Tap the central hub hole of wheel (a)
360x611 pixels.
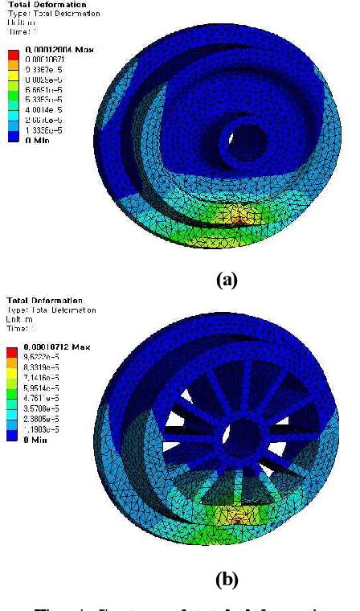coord(240,131)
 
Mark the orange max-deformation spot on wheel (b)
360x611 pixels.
coord(239,518)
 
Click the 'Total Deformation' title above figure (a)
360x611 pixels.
coord(36,5)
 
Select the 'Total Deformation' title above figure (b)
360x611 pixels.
coord(36,300)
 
